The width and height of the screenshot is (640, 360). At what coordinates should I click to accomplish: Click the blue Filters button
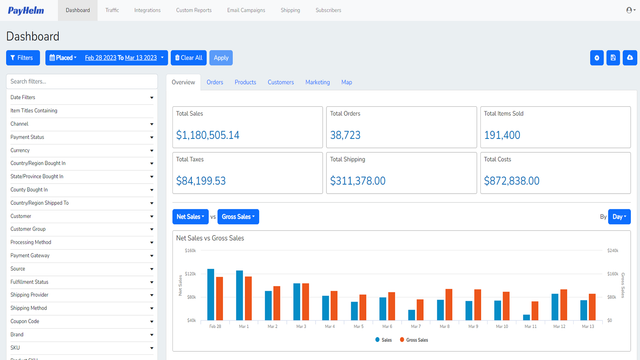coord(23,58)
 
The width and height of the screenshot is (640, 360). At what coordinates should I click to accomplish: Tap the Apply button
coord(221,58)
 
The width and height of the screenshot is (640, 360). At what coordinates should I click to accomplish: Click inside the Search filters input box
coord(81,81)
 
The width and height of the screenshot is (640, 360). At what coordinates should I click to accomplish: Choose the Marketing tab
coord(317,82)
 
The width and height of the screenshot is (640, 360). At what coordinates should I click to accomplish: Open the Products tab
coord(245,82)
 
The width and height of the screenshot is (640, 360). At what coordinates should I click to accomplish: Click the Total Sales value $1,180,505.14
coord(207,135)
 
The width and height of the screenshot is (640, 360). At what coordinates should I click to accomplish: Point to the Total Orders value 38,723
coord(352,135)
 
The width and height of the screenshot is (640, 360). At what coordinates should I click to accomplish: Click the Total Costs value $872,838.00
coord(511,181)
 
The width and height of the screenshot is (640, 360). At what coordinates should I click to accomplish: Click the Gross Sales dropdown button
coord(238,216)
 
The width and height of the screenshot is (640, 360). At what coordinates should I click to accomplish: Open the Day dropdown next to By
coord(620,216)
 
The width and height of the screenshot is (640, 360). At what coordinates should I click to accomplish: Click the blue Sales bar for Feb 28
coord(211,294)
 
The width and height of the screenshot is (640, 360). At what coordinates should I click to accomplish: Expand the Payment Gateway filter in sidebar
coord(81,255)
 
